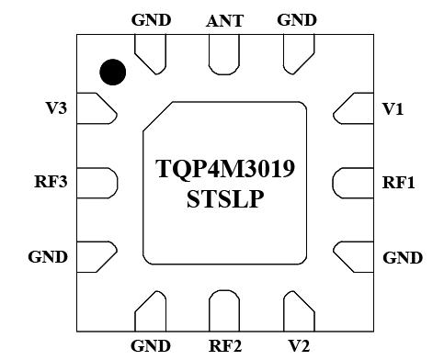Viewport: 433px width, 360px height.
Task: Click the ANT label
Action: pos(224,19)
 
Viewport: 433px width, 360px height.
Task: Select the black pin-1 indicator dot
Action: pos(114,72)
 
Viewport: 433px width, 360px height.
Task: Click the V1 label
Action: pos(393,108)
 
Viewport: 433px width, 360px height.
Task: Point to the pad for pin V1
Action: pos(348,108)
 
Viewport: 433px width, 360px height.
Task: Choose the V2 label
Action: pos(299,346)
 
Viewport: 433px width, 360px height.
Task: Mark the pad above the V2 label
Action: pos(300,309)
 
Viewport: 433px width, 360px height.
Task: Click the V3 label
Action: pos(55,108)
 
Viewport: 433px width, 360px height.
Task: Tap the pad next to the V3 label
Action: pos(97,108)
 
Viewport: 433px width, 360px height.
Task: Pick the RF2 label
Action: pos(225,346)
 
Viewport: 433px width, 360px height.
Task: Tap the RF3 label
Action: pos(50,182)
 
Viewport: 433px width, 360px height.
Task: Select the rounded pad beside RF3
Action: pos(97,181)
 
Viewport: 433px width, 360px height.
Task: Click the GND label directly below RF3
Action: pos(48,257)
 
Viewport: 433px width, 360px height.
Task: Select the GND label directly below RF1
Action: pos(402,257)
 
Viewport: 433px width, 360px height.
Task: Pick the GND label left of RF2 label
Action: pos(151,346)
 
